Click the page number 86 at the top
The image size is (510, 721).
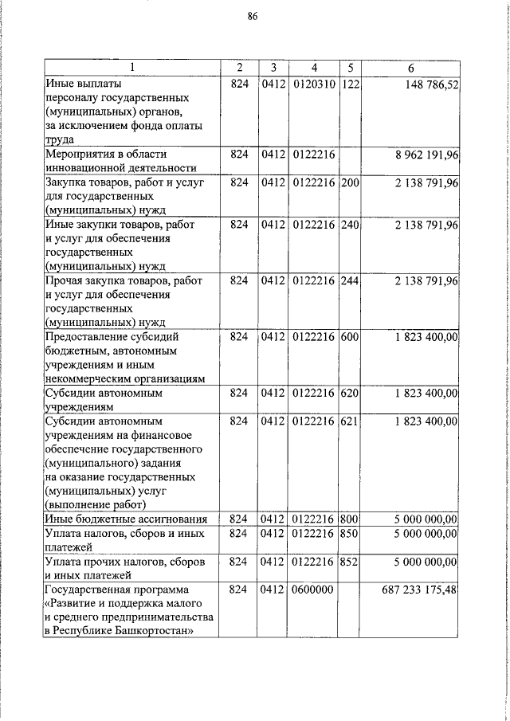(x=253, y=16)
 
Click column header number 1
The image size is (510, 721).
(x=132, y=67)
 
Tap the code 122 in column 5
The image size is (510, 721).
(x=350, y=83)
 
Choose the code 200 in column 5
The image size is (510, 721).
(x=350, y=183)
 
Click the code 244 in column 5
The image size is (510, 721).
(x=350, y=281)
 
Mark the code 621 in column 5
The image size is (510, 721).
(x=350, y=420)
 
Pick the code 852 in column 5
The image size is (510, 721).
(x=350, y=562)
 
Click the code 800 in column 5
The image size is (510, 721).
(x=350, y=519)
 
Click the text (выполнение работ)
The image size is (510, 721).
(x=96, y=505)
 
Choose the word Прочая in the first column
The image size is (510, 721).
(x=65, y=281)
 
